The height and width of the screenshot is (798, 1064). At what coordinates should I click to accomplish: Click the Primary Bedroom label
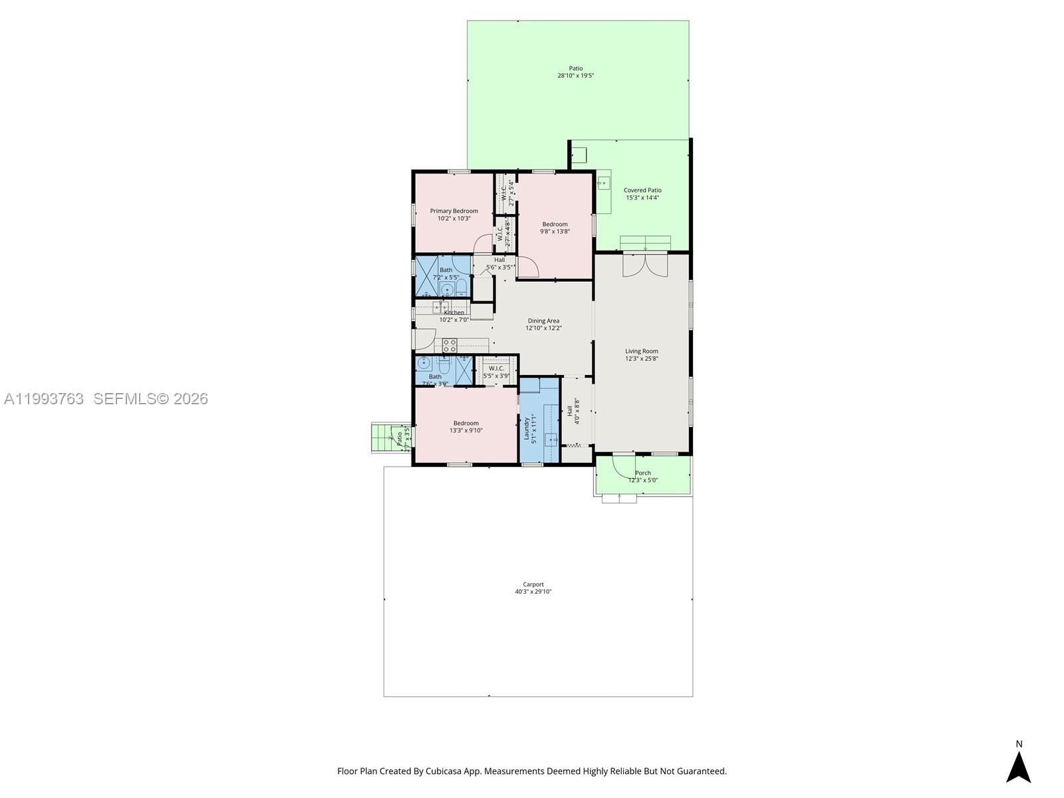click(454, 211)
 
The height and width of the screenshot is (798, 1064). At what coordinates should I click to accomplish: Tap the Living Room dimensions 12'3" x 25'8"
click(641, 359)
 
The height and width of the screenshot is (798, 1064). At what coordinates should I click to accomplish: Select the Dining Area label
click(543, 321)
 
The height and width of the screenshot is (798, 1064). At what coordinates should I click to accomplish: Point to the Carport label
click(533, 585)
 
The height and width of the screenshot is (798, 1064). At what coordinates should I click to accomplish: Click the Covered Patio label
click(642, 190)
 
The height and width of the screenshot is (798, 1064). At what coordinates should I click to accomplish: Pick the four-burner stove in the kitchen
click(450, 345)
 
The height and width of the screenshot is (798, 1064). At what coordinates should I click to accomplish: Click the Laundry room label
click(526, 428)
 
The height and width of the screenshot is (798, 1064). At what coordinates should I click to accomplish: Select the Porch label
click(642, 473)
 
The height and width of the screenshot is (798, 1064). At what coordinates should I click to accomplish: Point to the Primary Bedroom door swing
click(482, 245)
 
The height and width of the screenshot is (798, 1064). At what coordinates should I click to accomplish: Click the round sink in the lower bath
click(424, 363)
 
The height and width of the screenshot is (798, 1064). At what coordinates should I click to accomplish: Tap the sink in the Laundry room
click(551, 439)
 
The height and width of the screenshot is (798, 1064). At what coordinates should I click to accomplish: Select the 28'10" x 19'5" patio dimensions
click(575, 76)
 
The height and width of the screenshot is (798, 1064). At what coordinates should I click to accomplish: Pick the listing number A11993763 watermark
click(44, 399)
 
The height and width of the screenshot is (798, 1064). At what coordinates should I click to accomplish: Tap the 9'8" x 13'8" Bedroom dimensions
click(555, 231)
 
